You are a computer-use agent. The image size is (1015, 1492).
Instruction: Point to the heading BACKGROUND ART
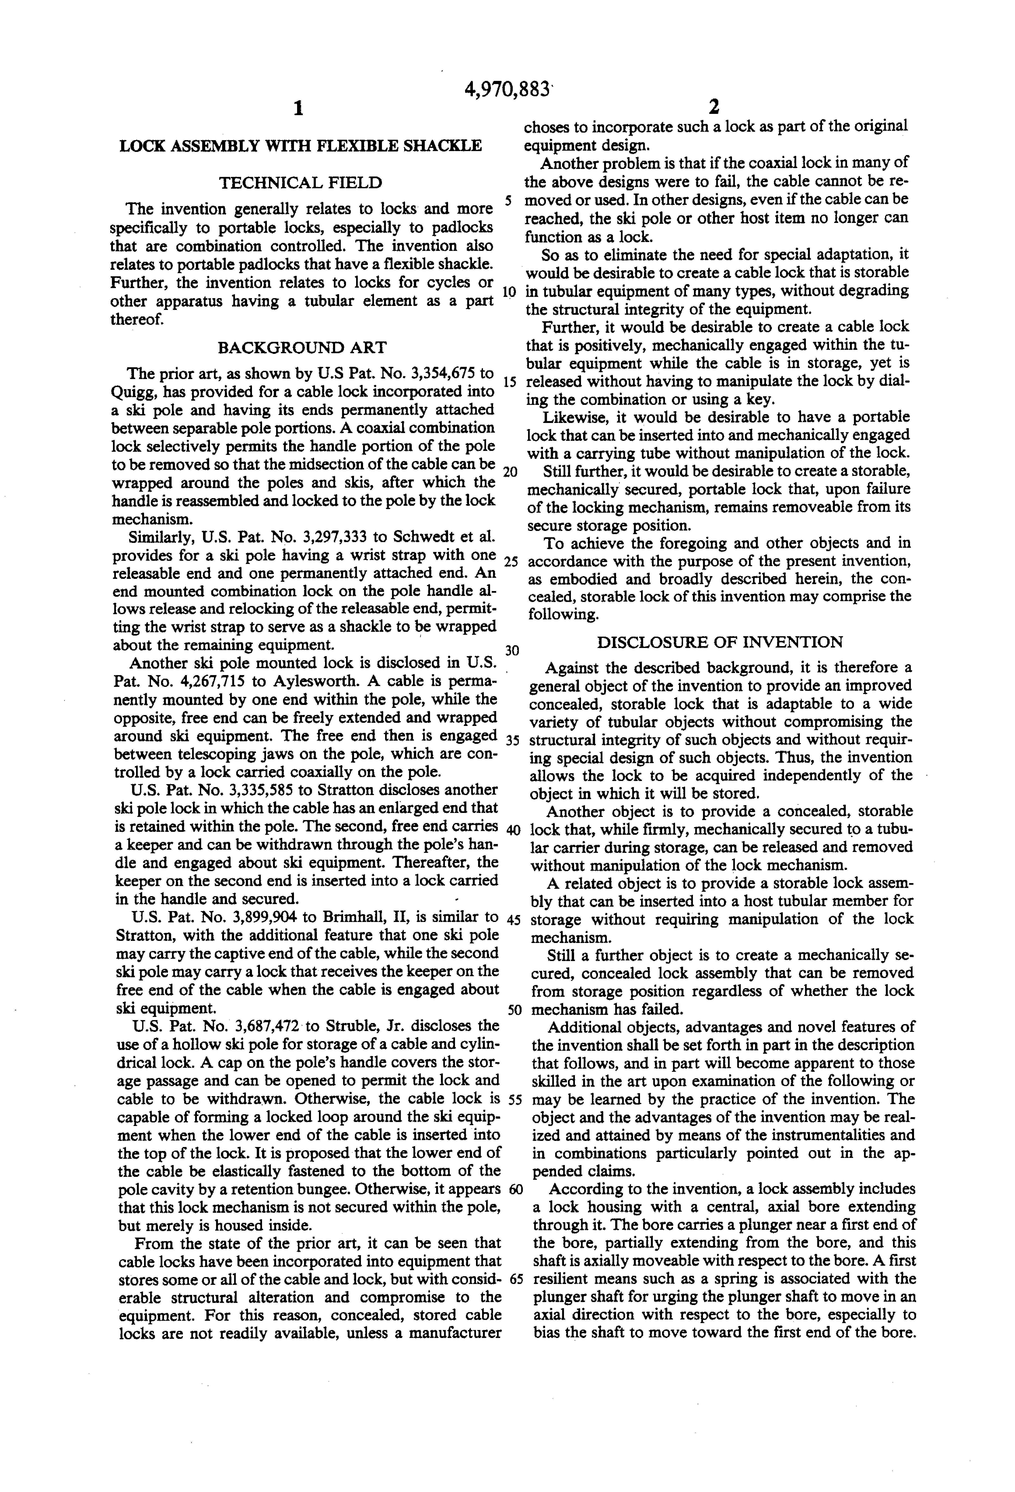(302, 348)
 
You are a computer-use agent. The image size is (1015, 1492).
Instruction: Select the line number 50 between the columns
(515, 1009)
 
